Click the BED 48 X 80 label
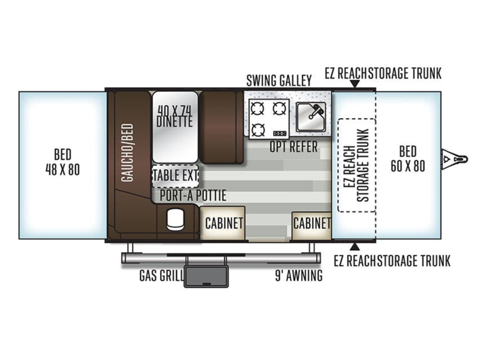click(62, 162)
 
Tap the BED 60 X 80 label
click(408, 159)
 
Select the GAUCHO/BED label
click(127, 152)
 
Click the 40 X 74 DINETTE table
click(175, 127)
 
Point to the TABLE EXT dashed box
click(175, 176)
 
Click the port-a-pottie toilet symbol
click(175, 219)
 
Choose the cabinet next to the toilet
click(223, 223)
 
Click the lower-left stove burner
click(257, 130)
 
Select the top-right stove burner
click(280, 109)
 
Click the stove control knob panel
click(280, 133)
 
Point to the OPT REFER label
click(293, 147)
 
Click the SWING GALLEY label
click(279, 80)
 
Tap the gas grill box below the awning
click(206, 277)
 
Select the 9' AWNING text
click(299, 275)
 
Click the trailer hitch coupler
click(454, 159)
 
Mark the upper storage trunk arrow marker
click(355, 84)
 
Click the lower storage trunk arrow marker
click(355, 247)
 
